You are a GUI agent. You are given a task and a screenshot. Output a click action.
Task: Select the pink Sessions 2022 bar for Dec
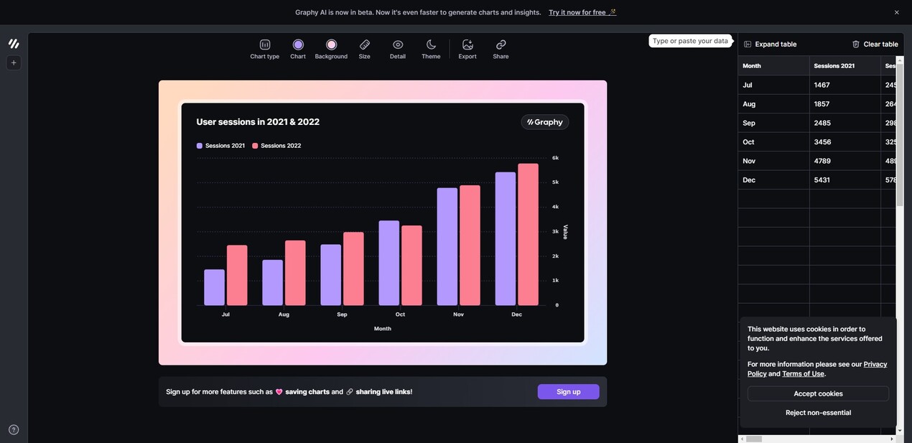tap(528, 235)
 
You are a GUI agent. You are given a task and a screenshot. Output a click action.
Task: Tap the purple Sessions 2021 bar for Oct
tap(388, 263)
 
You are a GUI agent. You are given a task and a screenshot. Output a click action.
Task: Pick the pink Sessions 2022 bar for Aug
tap(295, 273)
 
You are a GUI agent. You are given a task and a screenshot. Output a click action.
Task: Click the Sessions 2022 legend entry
tap(276, 146)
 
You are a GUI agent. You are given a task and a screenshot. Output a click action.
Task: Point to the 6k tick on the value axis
tap(555, 158)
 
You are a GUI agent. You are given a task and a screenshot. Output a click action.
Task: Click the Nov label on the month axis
tap(458, 314)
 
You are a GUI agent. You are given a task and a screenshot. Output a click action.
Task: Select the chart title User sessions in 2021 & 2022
tap(258, 122)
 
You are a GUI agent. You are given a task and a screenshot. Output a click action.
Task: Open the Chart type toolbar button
tap(264, 49)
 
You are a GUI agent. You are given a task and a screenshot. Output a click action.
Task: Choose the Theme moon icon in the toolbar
tap(431, 49)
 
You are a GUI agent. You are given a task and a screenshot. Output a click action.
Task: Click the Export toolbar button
tap(467, 49)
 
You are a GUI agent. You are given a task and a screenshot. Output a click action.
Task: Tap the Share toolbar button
tap(501, 49)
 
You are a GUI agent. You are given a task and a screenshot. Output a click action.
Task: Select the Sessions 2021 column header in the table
tap(834, 66)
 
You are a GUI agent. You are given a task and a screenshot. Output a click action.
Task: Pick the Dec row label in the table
tap(749, 180)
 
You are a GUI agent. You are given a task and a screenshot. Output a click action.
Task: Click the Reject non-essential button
tap(818, 413)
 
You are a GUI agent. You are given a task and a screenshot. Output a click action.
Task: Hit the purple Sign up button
tap(568, 392)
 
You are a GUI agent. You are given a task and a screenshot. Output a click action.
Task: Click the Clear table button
tap(875, 45)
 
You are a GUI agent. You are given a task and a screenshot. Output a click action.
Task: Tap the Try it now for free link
tap(577, 12)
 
